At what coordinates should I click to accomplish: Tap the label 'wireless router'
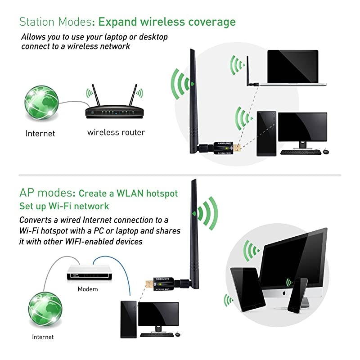[116, 132]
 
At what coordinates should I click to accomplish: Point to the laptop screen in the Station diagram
[292, 66]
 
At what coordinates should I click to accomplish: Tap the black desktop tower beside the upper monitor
[265, 133]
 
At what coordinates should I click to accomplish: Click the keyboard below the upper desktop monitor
[301, 152]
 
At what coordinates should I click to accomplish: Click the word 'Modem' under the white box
[87, 288]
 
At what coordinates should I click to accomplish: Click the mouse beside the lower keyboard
[177, 334]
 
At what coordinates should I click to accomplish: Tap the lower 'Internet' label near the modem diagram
[42, 337]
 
